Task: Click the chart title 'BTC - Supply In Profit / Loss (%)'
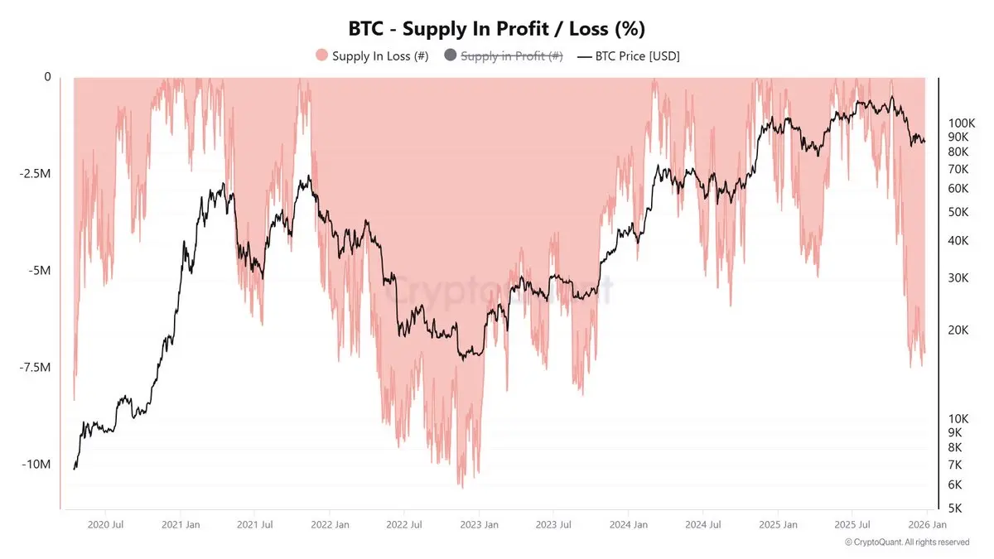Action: coord(496,28)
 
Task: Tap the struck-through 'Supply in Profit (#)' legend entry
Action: coord(511,56)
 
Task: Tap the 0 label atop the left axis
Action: coord(47,77)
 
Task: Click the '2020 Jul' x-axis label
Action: coord(105,524)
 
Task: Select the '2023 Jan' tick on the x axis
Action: coord(480,524)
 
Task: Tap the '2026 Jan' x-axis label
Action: coord(929,524)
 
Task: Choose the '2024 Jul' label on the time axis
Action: coord(702,524)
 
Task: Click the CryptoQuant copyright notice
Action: coord(906,542)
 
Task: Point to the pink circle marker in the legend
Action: coord(321,56)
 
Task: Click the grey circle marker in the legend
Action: coord(451,56)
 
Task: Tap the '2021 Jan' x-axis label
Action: coord(180,524)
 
